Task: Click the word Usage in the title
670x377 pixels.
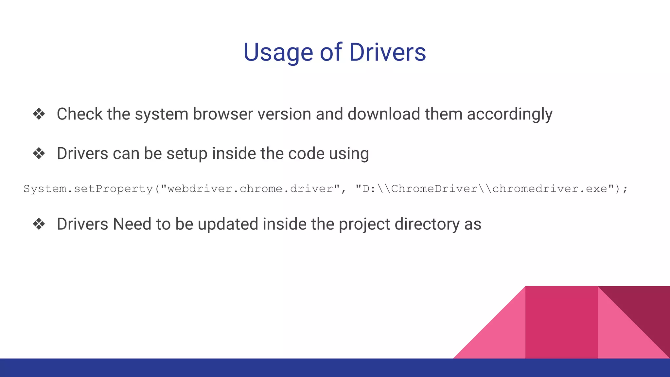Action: [x=278, y=52]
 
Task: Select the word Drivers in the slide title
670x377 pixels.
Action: [x=388, y=52]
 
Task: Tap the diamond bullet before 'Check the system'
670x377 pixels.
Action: [x=39, y=114]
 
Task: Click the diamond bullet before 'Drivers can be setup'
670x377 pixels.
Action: [x=39, y=153]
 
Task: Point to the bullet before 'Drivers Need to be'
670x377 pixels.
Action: [x=39, y=224]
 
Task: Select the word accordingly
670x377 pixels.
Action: [x=509, y=114]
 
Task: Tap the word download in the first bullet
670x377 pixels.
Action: [x=383, y=114]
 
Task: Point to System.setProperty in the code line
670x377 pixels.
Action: [x=88, y=189]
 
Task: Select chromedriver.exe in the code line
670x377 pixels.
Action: [x=550, y=189]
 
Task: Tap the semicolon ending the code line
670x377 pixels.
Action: [x=625, y=189]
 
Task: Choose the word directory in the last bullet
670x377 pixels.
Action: [x=427, y=224]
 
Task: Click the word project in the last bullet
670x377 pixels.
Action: [x=364, y=224]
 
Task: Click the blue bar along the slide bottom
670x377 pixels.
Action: [x=229, y=368]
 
